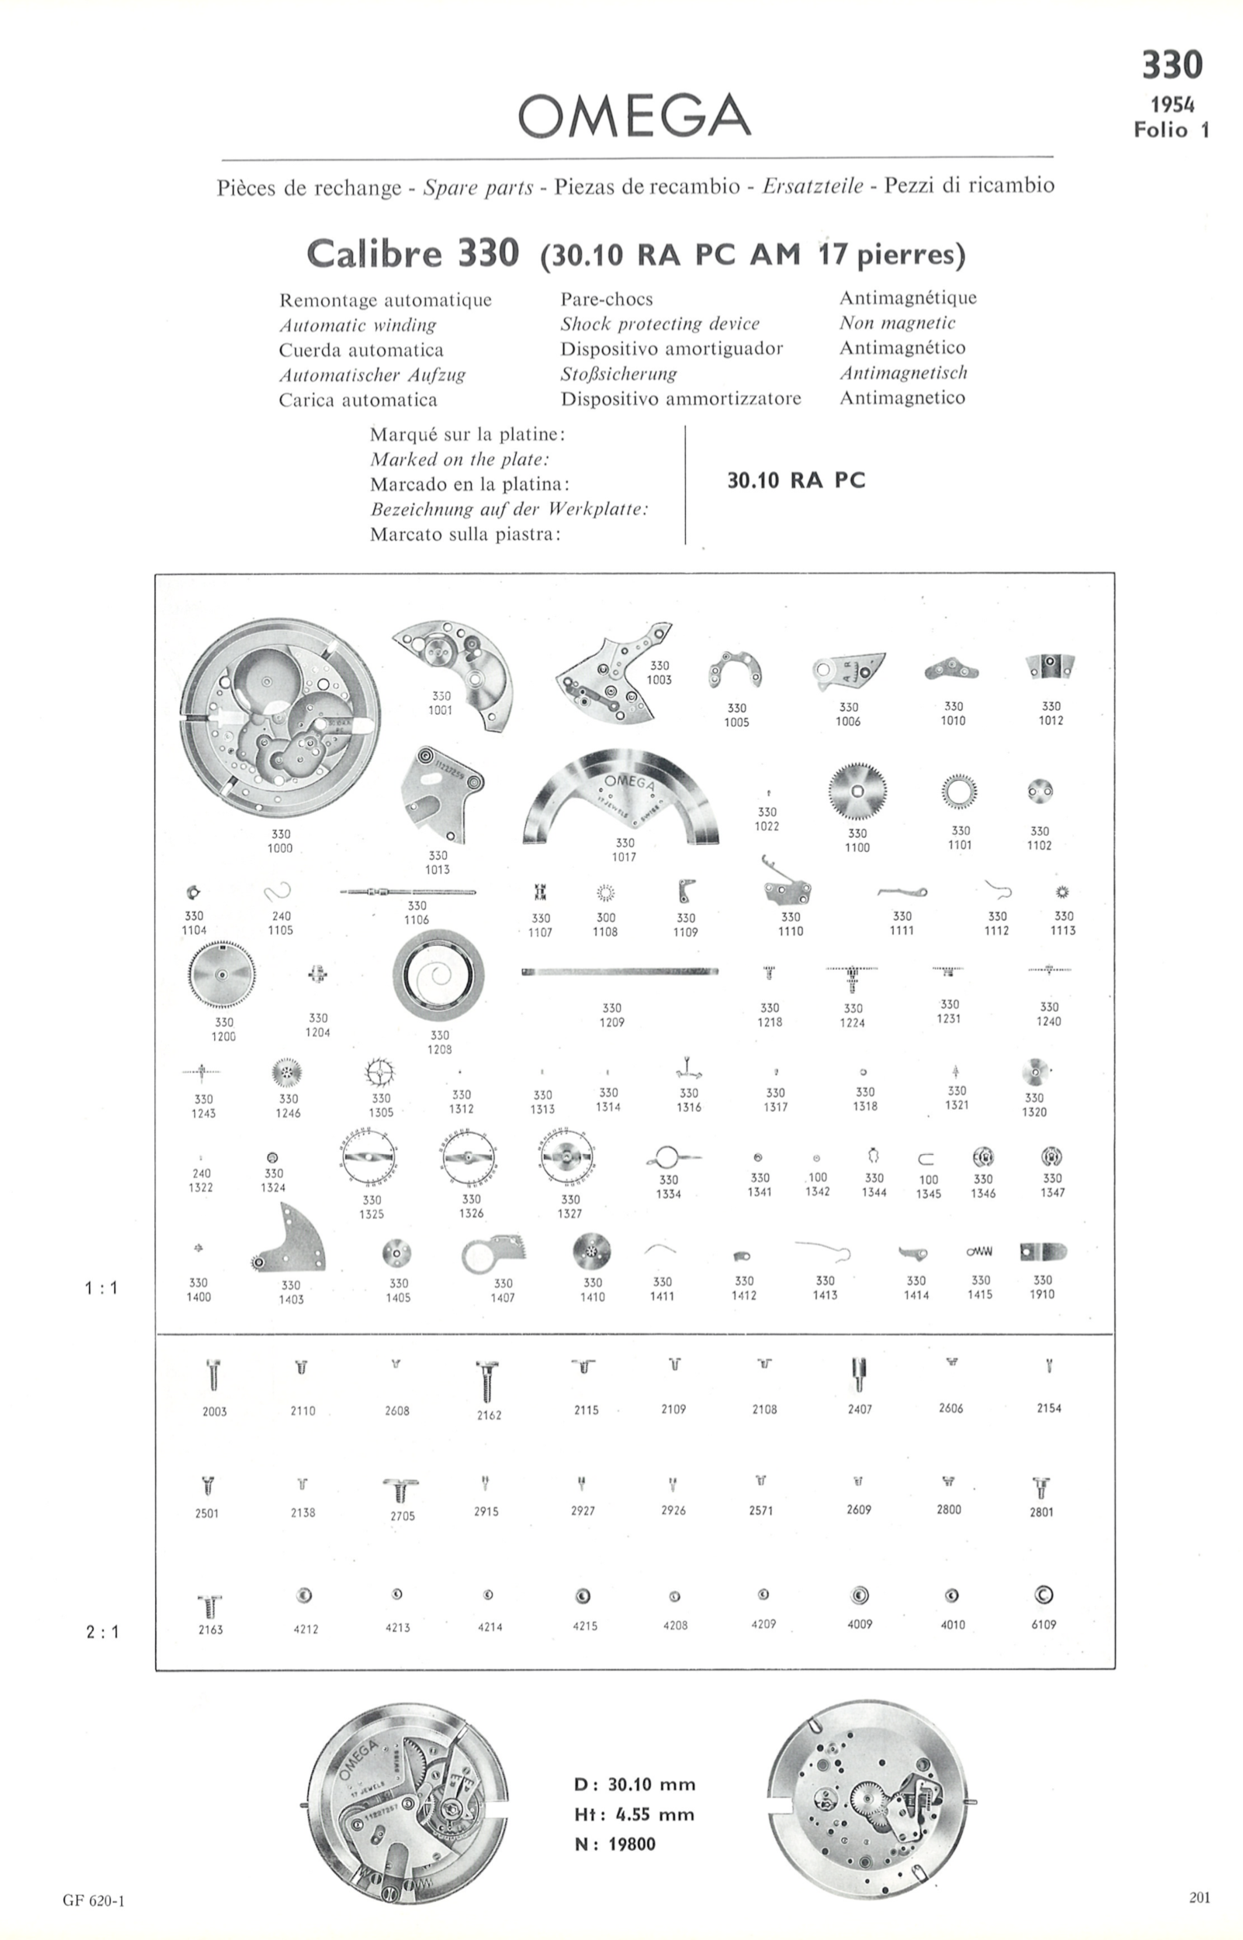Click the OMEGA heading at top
[x=634, y=116]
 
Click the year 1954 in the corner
[x=1172, y=105]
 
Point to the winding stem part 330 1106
[x=407, y=892]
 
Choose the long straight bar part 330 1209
[x=619, y=972]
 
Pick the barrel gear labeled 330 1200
[x=222, y=975]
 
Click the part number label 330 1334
[x=668, y=1187]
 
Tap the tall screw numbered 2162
[x=488, y=1381]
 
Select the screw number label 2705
[x=402, y=1516]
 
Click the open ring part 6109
[x=1044, y=1595]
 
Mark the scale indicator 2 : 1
[x=102, y=1633]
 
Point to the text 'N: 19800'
[x=615, y=1844]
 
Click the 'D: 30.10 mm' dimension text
[x=635, y=1784]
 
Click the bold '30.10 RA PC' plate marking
[x=796, y=481]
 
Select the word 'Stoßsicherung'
[x=618, y=373]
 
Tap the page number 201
[x=1199, y=1897]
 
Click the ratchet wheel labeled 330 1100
[x=857, y=790]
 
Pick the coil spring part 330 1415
[x=979, y=1252]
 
